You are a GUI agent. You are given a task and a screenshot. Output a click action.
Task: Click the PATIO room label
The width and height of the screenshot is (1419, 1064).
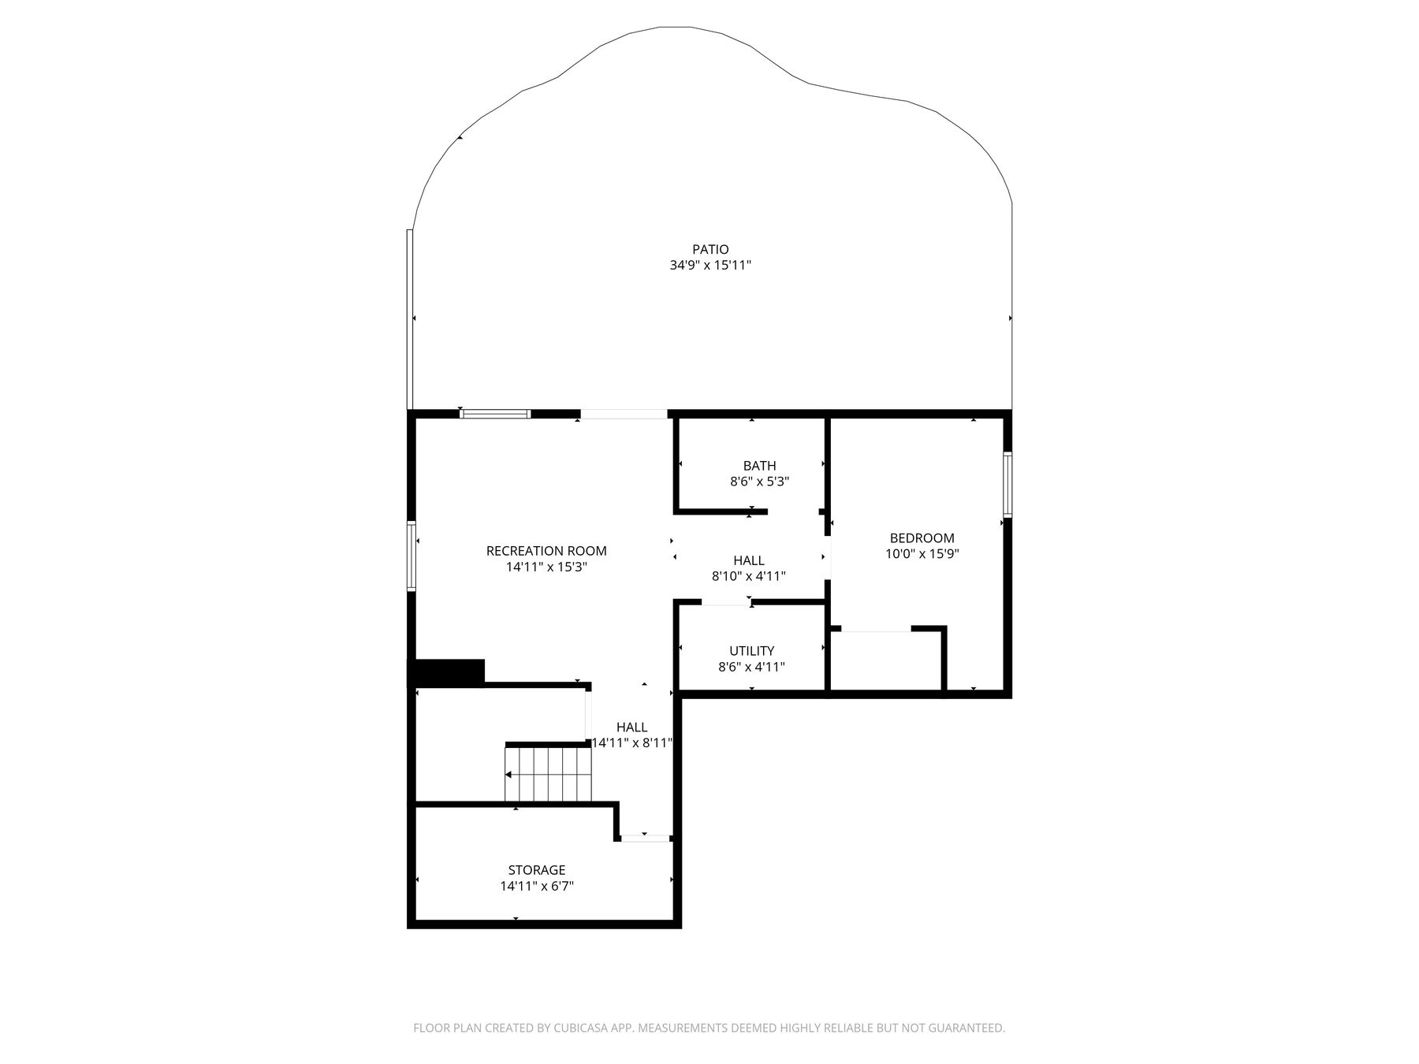click(x=710, y=250)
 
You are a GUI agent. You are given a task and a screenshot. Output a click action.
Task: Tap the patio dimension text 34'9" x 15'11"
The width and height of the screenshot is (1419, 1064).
click(x=710, y=266)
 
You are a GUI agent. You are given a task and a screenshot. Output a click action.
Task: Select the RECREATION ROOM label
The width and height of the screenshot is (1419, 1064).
click(x=546, y=551)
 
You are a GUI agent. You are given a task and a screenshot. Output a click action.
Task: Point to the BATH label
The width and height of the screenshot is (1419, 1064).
click(x=759, y=466)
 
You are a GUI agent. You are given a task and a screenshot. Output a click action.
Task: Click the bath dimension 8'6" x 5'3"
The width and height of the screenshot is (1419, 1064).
click(x=759, y=481)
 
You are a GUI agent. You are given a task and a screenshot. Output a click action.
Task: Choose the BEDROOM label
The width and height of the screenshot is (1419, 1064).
click(x=922, y=538)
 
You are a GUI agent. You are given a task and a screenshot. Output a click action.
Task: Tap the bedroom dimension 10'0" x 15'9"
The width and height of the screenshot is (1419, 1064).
click(x=922, y=553)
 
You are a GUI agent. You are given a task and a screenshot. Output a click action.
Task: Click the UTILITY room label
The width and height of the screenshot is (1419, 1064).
click(x=751, y=651)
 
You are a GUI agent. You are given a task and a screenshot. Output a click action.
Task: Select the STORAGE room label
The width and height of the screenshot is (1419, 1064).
click(x=536, y=870)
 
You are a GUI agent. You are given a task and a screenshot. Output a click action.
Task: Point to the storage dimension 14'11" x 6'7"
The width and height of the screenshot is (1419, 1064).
click(x=536, y=886)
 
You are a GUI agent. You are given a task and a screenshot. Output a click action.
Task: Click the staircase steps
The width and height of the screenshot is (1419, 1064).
click(x=548, y=775)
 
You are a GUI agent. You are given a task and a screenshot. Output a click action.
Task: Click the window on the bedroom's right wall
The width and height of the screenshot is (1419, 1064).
click(x=1007, y=484)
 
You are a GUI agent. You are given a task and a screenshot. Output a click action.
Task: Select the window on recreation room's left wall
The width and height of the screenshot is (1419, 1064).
click(x=411, y=556)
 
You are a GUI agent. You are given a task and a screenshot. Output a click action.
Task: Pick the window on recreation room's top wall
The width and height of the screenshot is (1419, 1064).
click(x=495, y=414)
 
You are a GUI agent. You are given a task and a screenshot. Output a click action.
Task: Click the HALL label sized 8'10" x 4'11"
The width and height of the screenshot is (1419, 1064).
click(x=748, y=560)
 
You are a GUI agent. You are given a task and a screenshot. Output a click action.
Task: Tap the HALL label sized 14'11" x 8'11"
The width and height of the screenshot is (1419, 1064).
click(x=631, y=727)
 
